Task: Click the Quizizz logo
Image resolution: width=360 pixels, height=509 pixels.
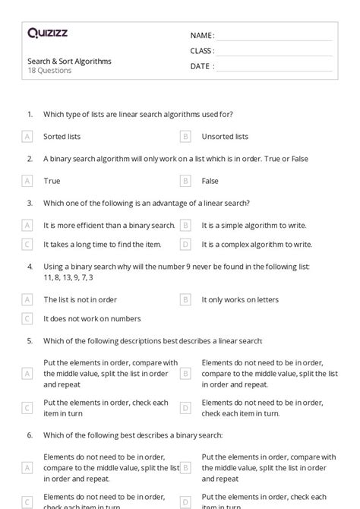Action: (47, 33)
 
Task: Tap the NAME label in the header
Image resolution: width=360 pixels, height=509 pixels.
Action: (201, 35)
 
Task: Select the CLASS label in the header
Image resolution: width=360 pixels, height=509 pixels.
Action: (202, 51)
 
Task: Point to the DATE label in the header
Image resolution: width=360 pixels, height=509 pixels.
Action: (201, 66)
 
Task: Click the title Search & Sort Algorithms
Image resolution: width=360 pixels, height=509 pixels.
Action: (69, 61)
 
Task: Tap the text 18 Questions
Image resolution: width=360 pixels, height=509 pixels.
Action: (49, 71)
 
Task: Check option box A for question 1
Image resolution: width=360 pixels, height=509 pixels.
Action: (27, 137)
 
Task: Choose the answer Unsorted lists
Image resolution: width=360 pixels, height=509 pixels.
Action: (225, 137)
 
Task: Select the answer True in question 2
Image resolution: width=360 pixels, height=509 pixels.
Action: (52, 181)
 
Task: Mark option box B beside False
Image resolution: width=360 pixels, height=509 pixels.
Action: (185, 181)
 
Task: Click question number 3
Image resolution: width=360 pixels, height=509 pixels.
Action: (30, 203)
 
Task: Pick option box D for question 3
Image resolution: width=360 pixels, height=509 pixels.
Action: (185, 245)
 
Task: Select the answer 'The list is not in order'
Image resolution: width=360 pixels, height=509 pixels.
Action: (81, 299)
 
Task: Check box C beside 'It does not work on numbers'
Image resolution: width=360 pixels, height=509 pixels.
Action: (27, 319)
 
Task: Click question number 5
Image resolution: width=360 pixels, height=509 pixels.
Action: (30, 341)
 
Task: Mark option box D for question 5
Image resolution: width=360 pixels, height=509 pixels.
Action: (185, 408)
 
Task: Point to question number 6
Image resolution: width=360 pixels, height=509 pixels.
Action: (30, 435)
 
